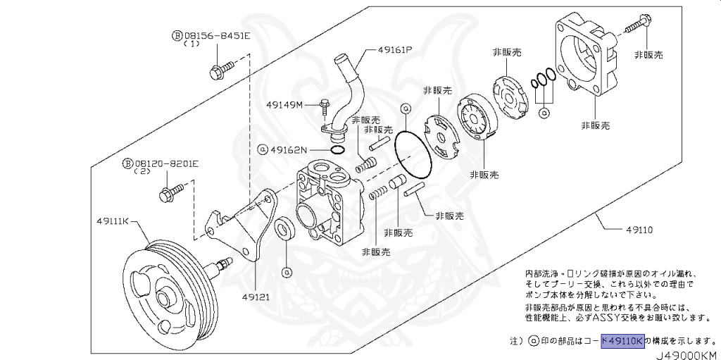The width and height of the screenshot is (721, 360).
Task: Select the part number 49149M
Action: (x=284, y=105)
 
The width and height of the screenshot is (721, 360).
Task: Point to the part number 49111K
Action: (x=113, y=221)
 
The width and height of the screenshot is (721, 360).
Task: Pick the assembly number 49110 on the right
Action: (x=639, y=230)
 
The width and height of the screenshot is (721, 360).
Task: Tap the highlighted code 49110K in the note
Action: (x=622, y=341)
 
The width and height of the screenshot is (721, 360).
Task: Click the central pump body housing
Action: (x=327, y=204)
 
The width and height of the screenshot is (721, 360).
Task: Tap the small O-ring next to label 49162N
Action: (x=337, y=149)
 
